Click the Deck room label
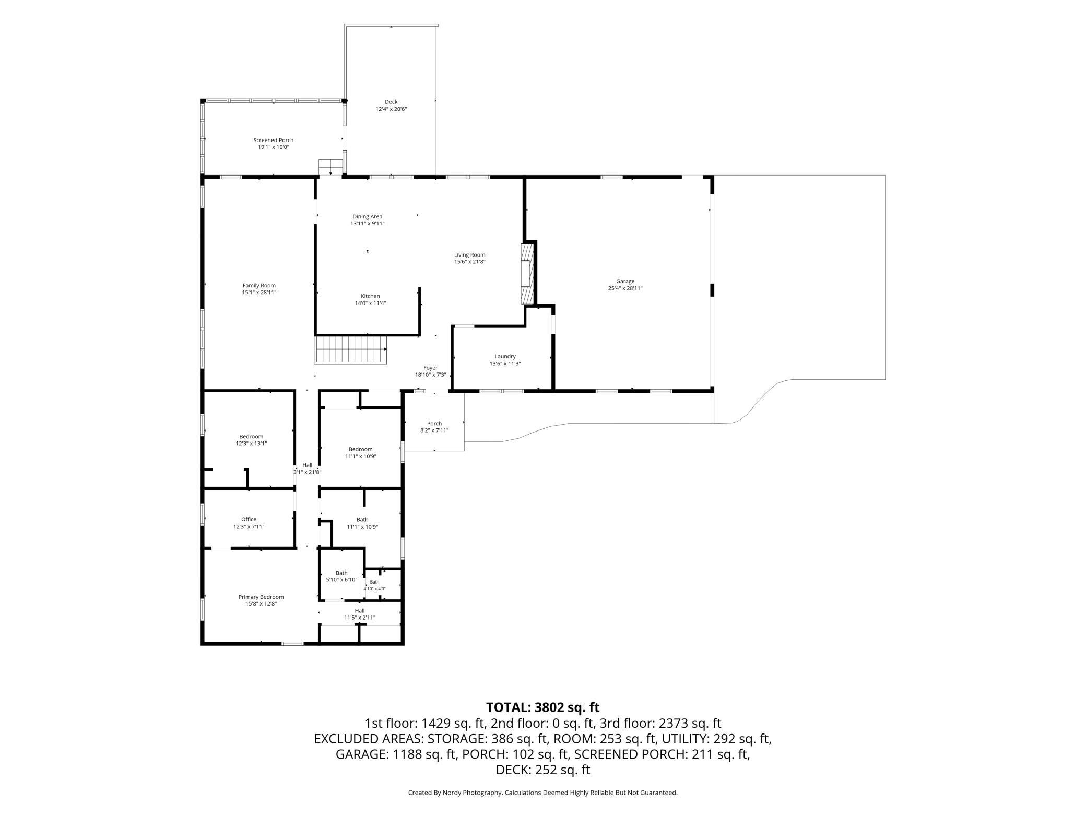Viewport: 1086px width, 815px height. click(x=391, y=102)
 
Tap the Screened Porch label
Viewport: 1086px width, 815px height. click(x=274, y=140)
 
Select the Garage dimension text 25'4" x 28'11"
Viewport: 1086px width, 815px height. click(x=625, y=288)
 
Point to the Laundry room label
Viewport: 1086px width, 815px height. click(x=505, y=356)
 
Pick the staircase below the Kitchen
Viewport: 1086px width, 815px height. click(x=350, y=350)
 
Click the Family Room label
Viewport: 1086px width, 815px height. click(x=259, y=285)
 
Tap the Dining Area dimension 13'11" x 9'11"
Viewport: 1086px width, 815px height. click(x=368, y=223)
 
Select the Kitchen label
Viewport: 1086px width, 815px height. click(x=370, y=296)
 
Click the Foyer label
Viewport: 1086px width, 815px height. click(x=430, y=368)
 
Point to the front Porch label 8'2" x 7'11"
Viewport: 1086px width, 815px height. click(x=434, y=427)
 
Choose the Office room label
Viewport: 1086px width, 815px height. click(x=249, y=519)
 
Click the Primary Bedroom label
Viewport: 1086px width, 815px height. click(x=261, y=597)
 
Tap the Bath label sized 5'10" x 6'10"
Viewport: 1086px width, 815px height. click(x=341, y=576)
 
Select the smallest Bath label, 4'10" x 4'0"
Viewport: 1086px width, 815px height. click(x=375, y=585)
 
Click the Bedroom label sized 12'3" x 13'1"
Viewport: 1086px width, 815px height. click(x=251, y=440)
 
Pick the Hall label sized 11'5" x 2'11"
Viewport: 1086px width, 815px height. click(x=360, y=614)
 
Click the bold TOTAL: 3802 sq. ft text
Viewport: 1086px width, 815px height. click(x=543, y=707)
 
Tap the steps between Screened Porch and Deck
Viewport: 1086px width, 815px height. click(x=330, y=167)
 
